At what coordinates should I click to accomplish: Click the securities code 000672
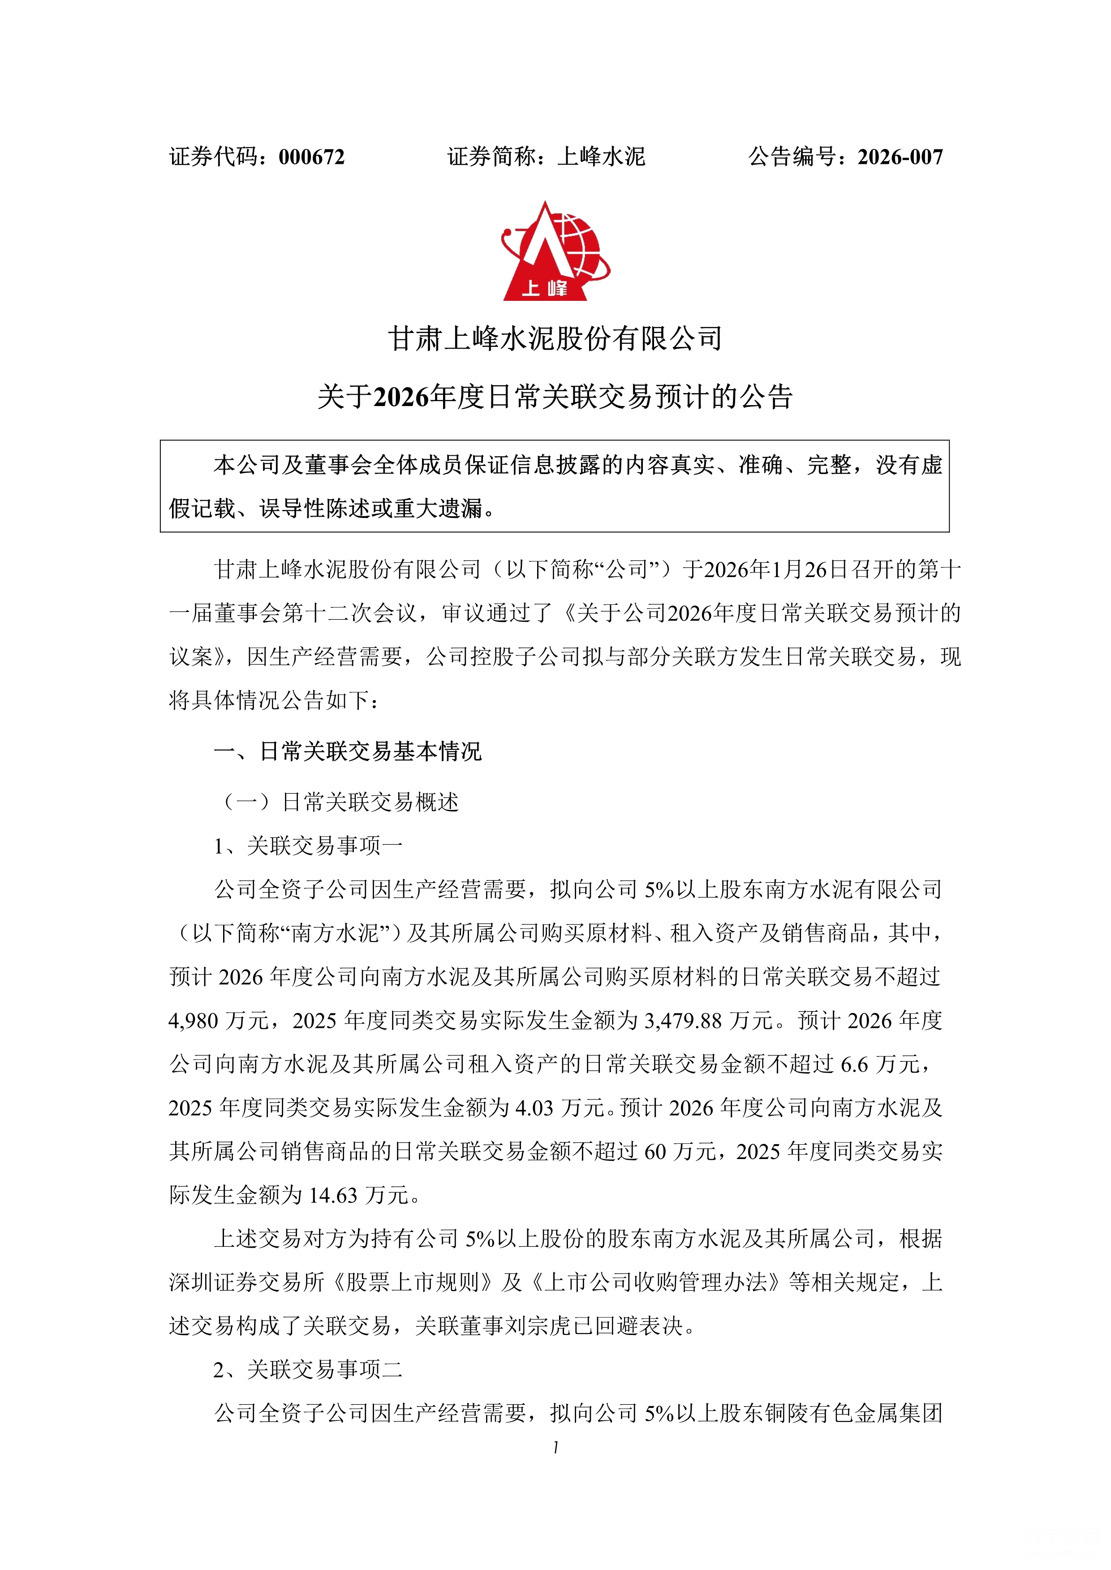click(x=311, y=157)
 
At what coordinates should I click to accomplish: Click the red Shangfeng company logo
click(x=554, y=252)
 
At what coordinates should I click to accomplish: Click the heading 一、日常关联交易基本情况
click(x=348, y=752)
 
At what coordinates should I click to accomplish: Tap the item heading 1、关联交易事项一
click(x=308, y=846)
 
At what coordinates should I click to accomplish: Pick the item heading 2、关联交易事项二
click(x=308, y=1369)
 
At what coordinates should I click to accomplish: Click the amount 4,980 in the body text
click(x=193, y=1021)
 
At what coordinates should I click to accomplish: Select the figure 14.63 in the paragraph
click(x=333, y=1195)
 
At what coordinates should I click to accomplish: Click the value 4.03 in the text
click(x=533, y=1108)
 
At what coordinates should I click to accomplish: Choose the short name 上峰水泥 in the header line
click(x=601, y=157)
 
